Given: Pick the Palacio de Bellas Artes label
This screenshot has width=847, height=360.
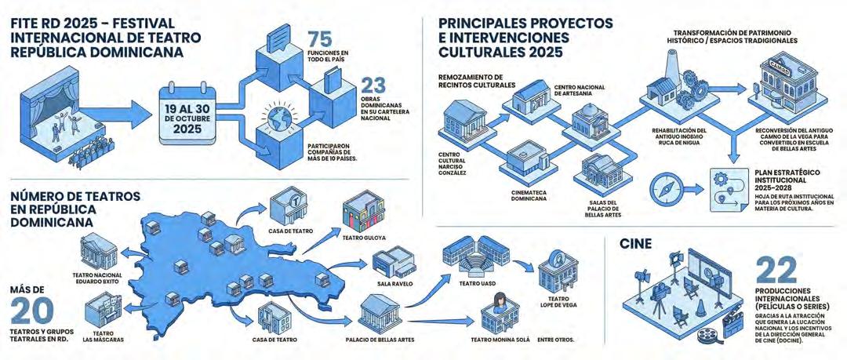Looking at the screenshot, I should point(380,340).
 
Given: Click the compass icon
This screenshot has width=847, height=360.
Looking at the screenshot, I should point(665,189).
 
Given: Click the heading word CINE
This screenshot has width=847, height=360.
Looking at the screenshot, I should point(636,245).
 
